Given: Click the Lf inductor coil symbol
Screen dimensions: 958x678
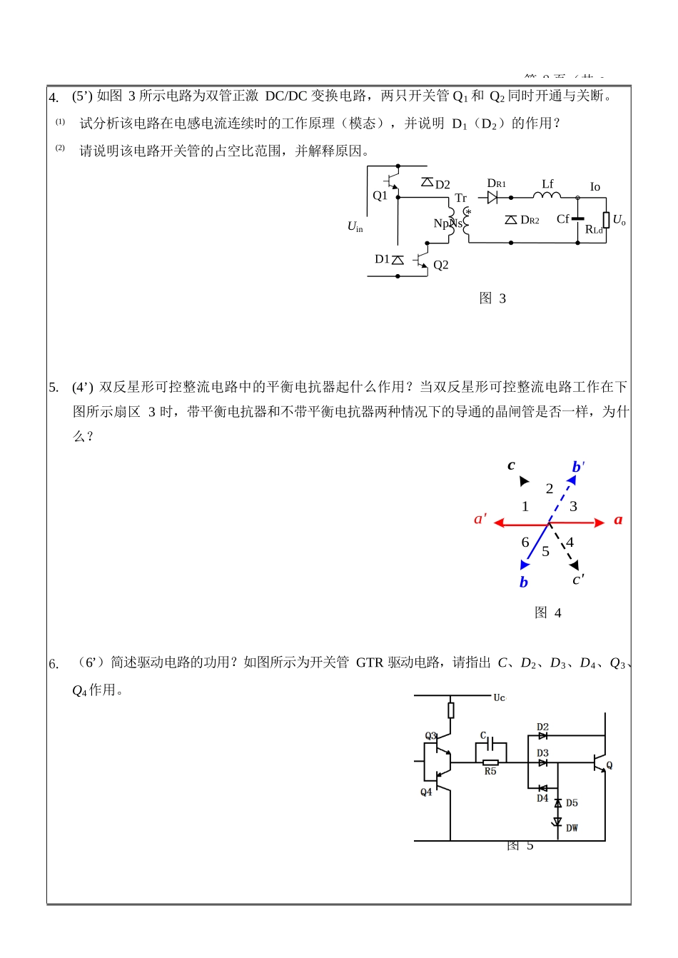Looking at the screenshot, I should [547, 195].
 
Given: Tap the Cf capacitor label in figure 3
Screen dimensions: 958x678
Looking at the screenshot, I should [563, 219].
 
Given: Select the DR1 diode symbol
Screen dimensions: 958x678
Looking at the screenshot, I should [492, 198].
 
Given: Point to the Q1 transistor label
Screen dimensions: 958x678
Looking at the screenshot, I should [380, 196].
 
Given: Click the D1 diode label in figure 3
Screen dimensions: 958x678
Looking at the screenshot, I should [382, 259].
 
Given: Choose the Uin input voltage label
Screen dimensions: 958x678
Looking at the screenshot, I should [355, 226].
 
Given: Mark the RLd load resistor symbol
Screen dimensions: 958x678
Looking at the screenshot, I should [606, 220].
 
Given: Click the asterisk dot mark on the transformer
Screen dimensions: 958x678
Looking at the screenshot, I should [468, 211].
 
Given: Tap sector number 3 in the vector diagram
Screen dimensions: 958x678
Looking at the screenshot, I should [573, 506].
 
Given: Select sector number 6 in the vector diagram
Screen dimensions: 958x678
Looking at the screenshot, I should [525, 543].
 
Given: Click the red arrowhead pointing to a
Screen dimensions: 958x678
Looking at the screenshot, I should [599, 523].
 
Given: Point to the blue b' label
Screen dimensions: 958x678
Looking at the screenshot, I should [578, 467].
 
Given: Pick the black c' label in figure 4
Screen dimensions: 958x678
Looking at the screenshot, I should [578, 580].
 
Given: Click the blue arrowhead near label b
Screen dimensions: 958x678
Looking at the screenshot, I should [525, 565].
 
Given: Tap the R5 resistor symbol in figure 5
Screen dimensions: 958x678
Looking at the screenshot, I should [490, 762].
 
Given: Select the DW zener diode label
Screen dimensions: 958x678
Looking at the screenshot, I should [572, 828].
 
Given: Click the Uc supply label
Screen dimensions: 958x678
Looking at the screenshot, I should [500, 697].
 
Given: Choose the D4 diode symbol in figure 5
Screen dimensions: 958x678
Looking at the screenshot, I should [542, 788].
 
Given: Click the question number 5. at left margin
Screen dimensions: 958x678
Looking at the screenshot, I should [54, 388].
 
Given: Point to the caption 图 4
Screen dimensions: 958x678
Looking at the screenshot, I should [547, 612].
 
